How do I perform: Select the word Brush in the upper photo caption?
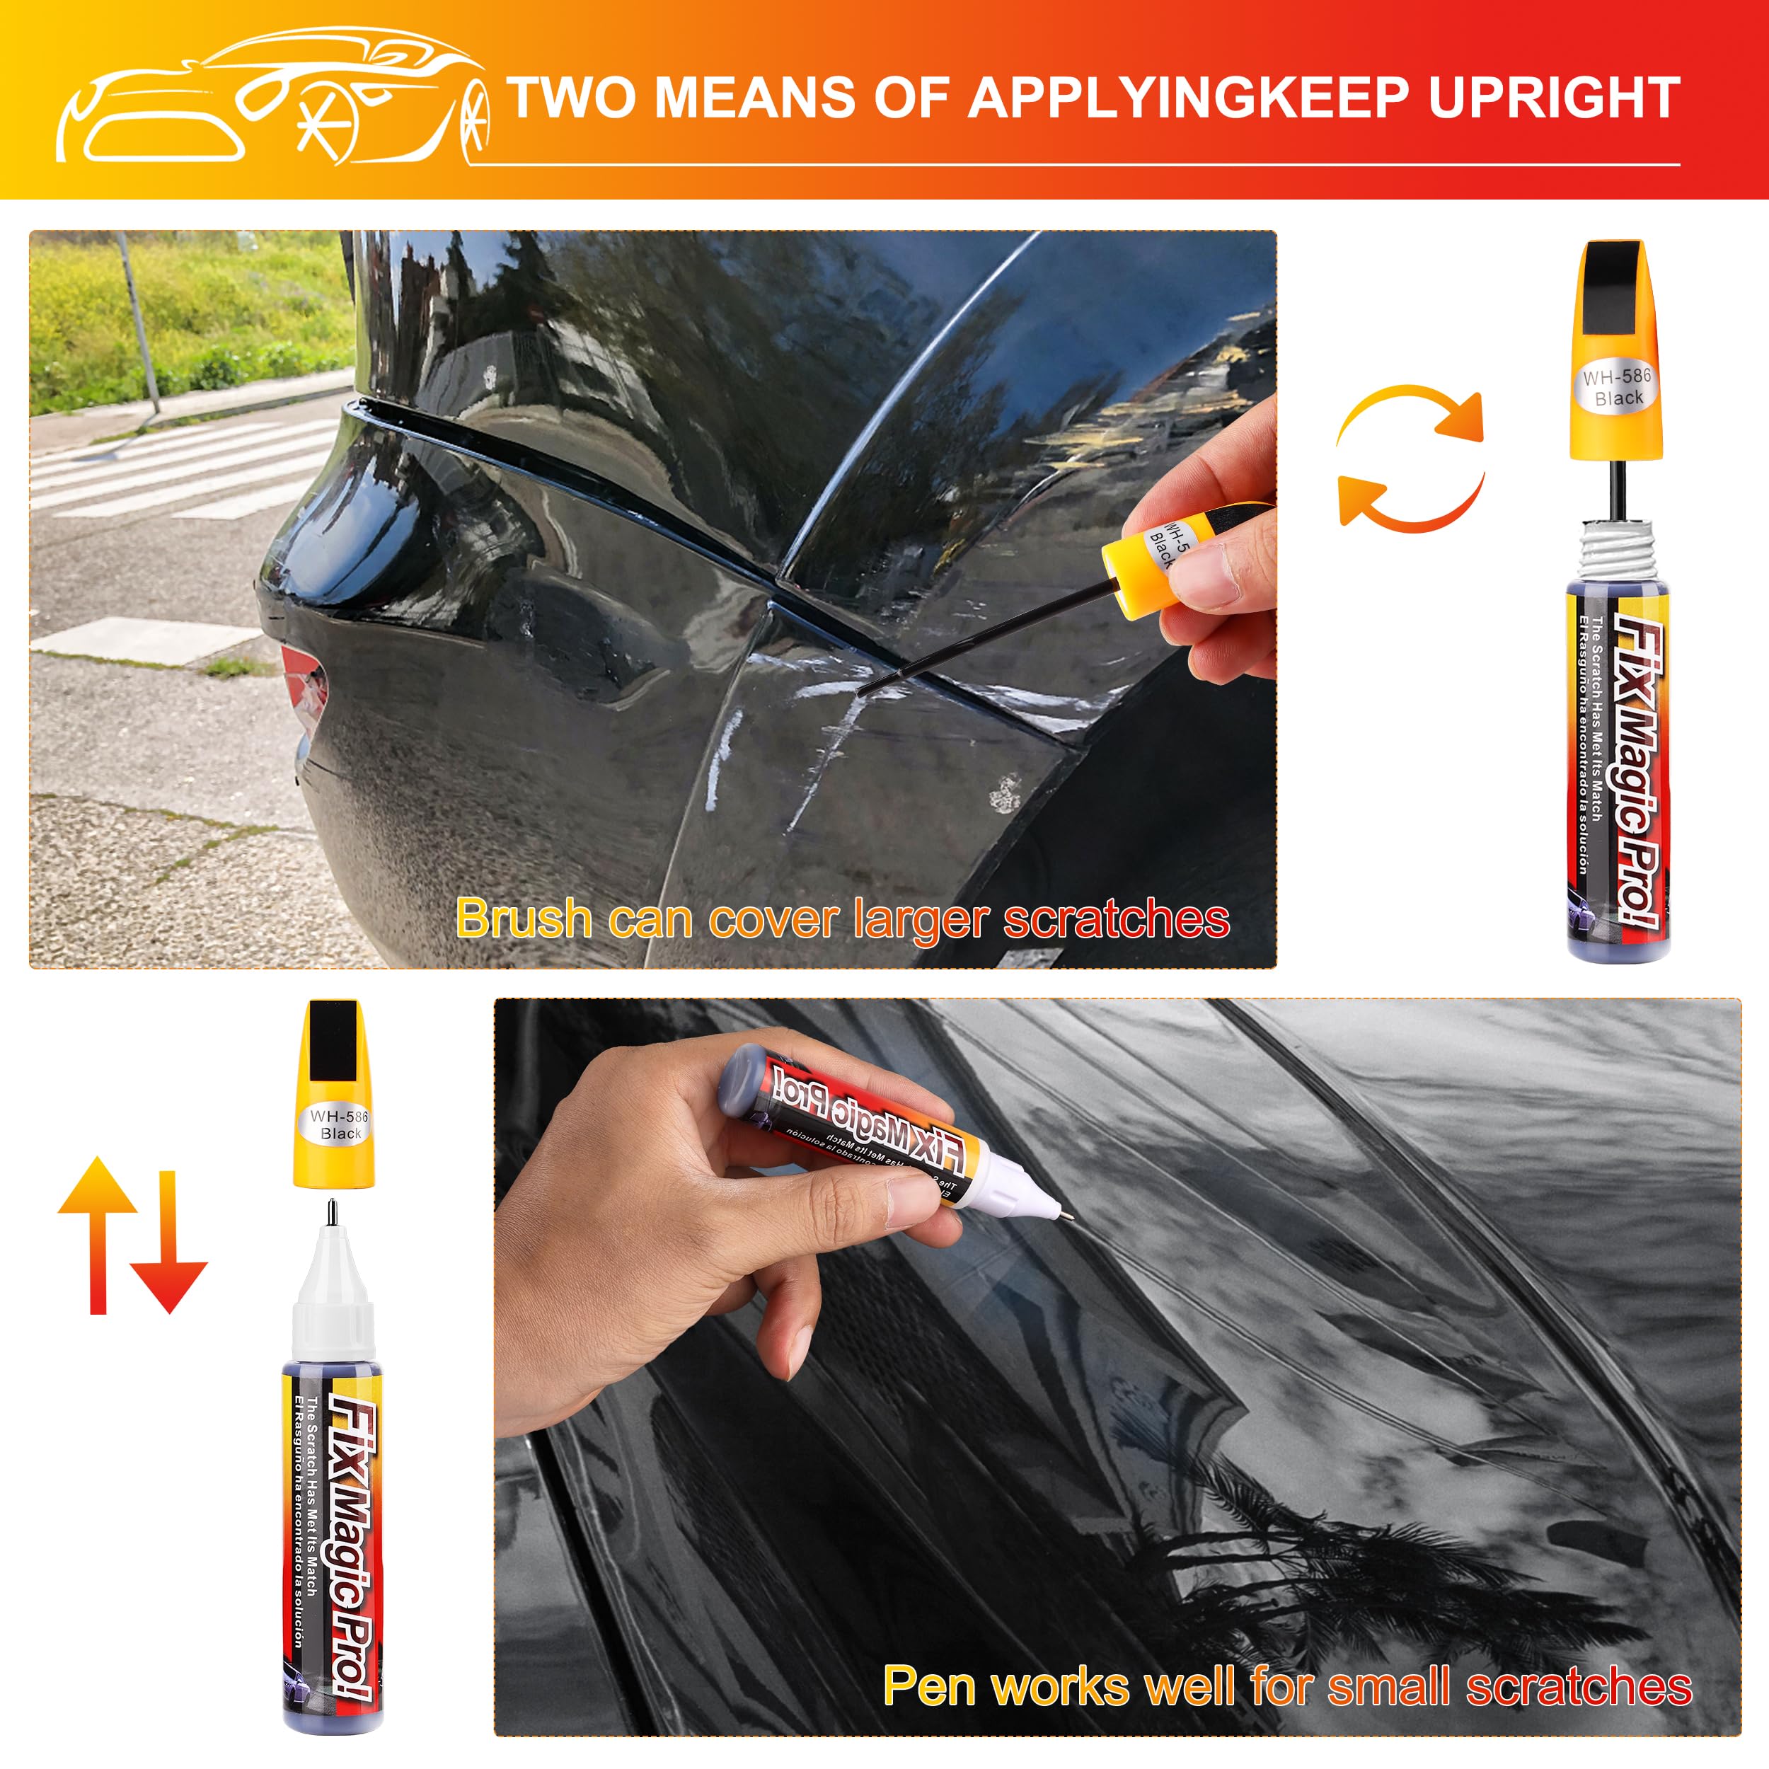524,918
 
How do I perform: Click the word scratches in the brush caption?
1116,918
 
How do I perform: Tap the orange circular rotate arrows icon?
1410,458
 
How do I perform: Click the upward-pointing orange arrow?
98,1231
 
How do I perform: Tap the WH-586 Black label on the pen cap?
340,1124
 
